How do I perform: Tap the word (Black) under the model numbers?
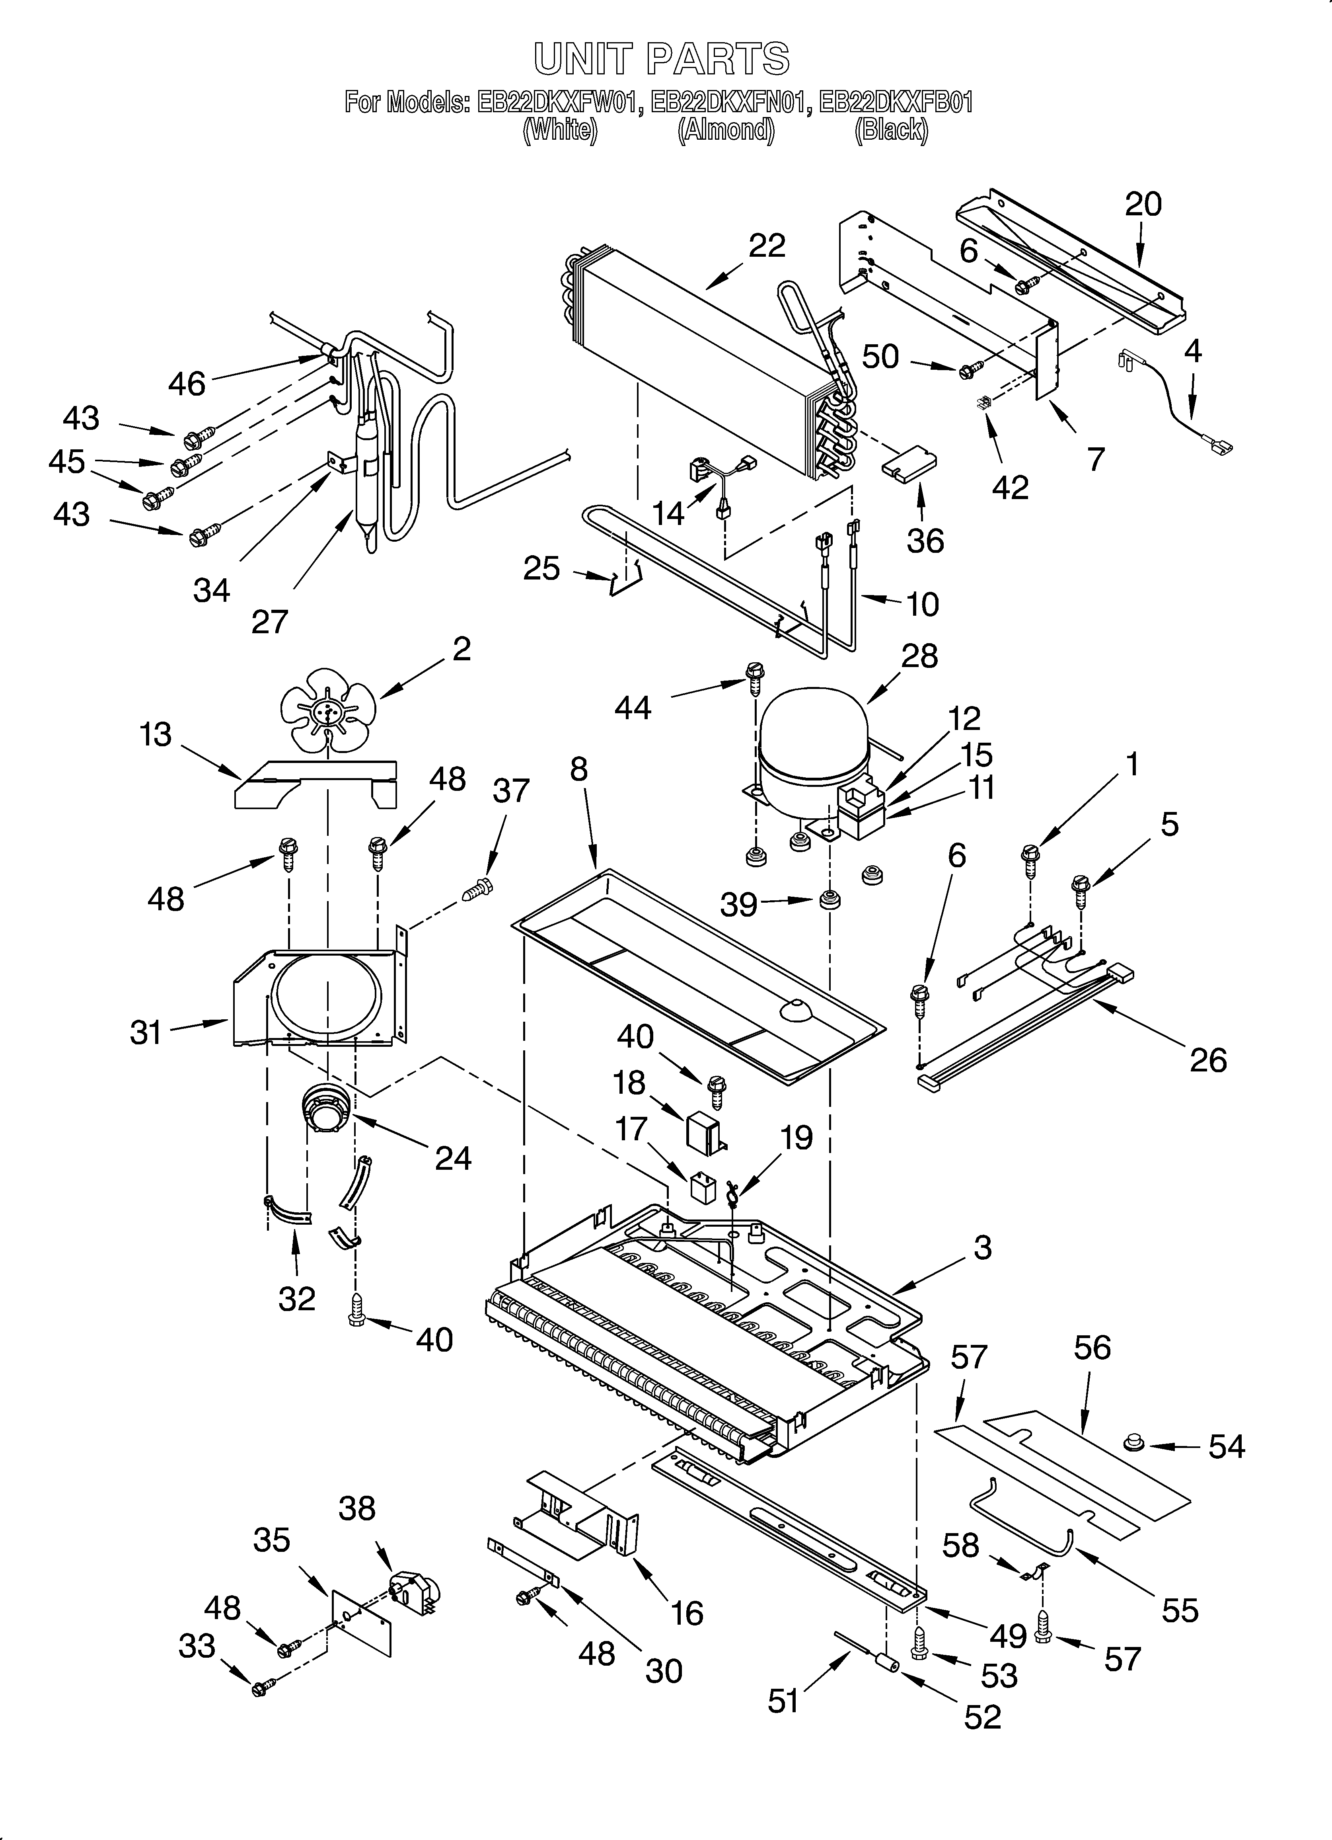coord(891,130)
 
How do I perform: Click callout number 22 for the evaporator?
coord(767,246)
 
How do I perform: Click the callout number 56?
coord(1092,1348)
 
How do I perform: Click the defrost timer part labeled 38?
coord(414,1589)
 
